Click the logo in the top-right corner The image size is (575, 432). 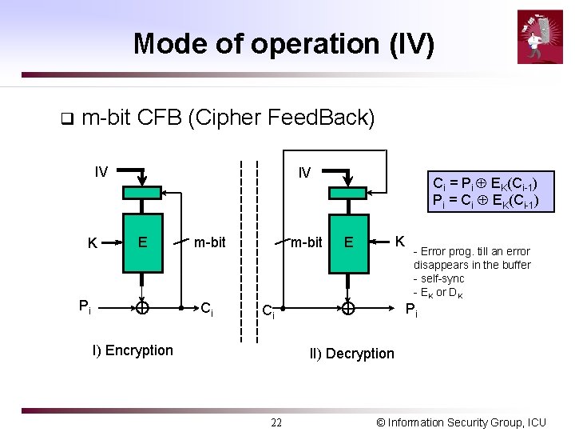[x=540, y=36]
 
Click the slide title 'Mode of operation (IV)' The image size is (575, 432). [x=284, y=43]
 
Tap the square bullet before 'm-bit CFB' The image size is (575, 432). [x=66, y=120]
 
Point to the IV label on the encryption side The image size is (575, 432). [x=101, y=171]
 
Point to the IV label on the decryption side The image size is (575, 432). [x=304, y=173]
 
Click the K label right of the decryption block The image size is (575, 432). [x=401, y=241]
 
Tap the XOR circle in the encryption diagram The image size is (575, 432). [x=141, y=307]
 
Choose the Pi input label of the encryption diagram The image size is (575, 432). [x=84, y=306]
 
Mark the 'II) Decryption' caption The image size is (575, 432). [x=351, y=354]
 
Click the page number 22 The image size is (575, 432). [x=276, y=422]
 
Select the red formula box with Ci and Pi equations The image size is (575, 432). [x=490, y=192]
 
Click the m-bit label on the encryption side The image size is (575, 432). [x=210, y=242]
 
